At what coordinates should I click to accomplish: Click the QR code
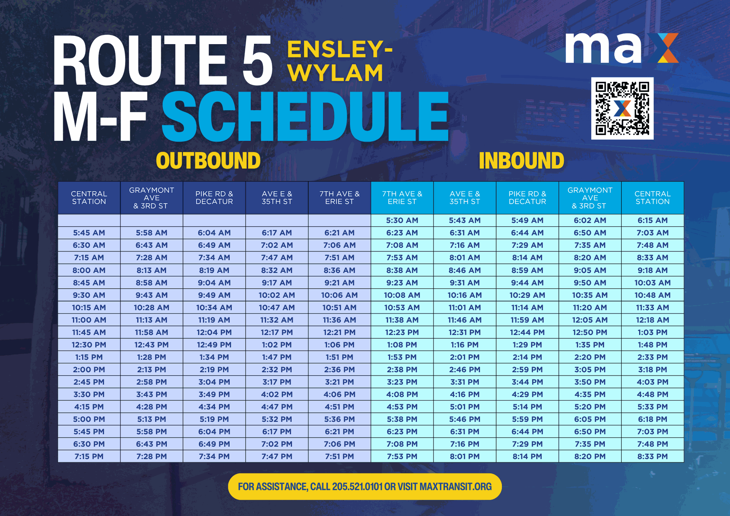622,108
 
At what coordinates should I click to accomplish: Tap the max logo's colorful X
663,48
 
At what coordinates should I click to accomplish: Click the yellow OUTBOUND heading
208,160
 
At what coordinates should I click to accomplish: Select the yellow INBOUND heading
521,160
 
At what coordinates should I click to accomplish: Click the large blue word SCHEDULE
305,117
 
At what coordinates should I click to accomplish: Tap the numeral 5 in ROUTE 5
258,60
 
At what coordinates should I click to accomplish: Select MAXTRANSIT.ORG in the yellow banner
455,487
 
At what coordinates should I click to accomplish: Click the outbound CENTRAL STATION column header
89,198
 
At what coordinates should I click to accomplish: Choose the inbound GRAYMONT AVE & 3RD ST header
590,198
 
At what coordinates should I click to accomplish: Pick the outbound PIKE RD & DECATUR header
214,198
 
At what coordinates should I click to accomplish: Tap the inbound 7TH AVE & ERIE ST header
402,198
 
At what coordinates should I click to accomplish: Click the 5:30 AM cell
402,220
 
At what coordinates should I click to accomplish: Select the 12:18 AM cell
652,320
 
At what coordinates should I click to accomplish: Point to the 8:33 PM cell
652,456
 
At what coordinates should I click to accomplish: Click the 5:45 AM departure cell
89,233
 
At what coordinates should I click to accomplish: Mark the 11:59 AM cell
527,320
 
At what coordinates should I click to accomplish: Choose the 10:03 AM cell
652,283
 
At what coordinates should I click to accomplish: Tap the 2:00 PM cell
89,370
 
